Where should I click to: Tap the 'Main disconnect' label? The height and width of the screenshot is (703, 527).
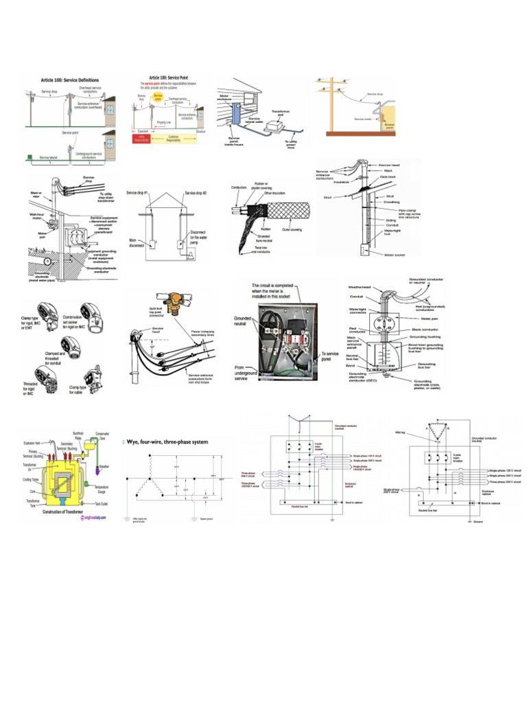coord(138,242)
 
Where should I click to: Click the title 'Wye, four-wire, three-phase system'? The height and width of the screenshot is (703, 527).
coord(167,441)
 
